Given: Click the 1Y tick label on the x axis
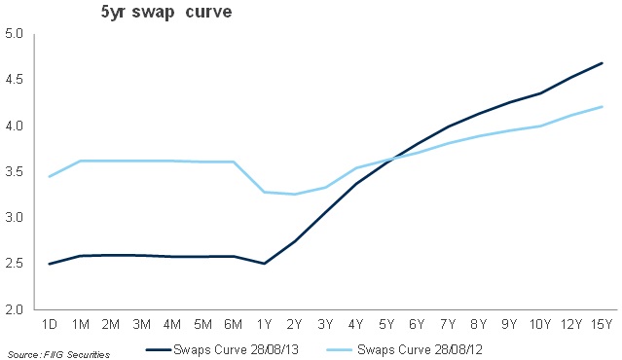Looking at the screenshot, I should click(265, 324).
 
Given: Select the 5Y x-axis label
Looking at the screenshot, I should click(387, 324).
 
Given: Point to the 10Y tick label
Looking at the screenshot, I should click(540, 324).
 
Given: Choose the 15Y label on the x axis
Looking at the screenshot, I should click(602, 324).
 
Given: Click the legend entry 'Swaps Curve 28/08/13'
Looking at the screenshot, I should click(224, 349).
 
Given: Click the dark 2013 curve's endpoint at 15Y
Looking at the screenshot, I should click(603, 63).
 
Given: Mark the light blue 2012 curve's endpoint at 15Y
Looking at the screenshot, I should click(603, 107).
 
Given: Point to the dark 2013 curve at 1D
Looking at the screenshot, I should click(49, 264).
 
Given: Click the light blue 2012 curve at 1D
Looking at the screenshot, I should click(49, 176).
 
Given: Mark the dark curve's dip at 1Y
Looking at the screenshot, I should click(265, 264).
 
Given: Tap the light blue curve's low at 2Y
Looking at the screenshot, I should click(295, 194).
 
